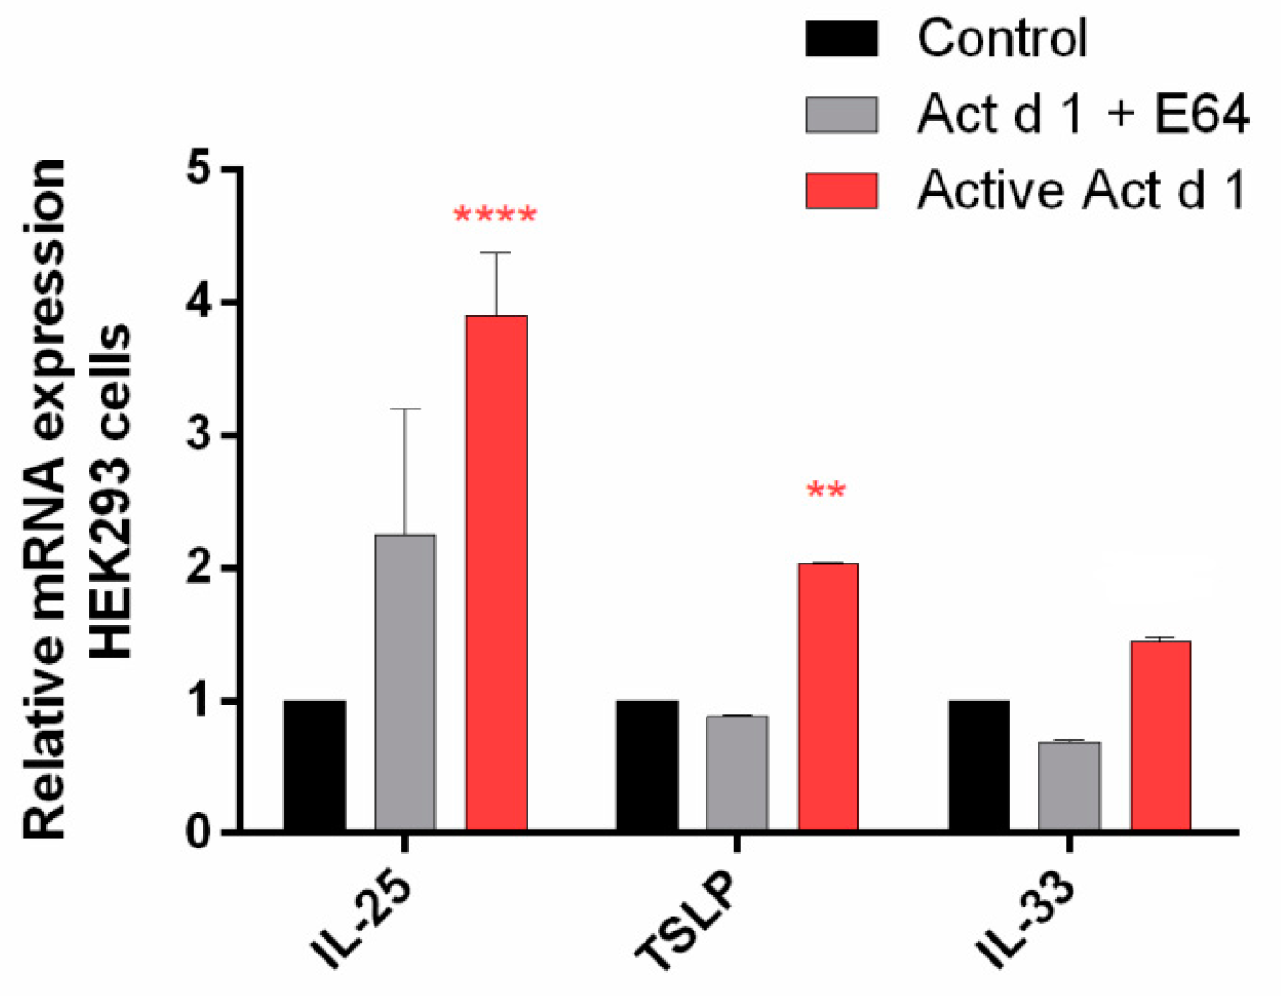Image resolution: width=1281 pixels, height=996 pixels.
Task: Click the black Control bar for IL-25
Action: pyautogui.click(x=314, y=766)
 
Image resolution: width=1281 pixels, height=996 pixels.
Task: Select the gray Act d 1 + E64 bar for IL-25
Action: pyautogui.click(x=405, y=683)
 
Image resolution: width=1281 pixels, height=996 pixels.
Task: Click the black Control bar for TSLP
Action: pyautogui.click(x=646, y=766)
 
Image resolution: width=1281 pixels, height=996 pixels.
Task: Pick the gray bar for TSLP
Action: pyautogui.click(x=737, y=774)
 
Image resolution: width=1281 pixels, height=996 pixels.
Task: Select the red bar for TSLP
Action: pyautogui.click(x=827, y=697)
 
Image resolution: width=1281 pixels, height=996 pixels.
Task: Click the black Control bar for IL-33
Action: pyautogui.click(x=979, y=766)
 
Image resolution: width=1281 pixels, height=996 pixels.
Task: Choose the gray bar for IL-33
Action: pyautogui.click(x=1069, y=787)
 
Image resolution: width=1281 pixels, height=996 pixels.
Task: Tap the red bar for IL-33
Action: pyautogui.click(x=1160, y=736)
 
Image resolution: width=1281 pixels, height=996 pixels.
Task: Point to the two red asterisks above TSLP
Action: pyautogui.click(x=825, y=491)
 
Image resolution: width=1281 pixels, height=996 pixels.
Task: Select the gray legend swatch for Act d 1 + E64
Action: pyautogui.click(x=841, y=114)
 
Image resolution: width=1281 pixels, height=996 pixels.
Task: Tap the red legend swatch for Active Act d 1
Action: pyautogui.click(x=841, y=190)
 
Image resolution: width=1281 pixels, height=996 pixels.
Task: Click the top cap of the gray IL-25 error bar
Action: pyautogui.click(x=405, y=409)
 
